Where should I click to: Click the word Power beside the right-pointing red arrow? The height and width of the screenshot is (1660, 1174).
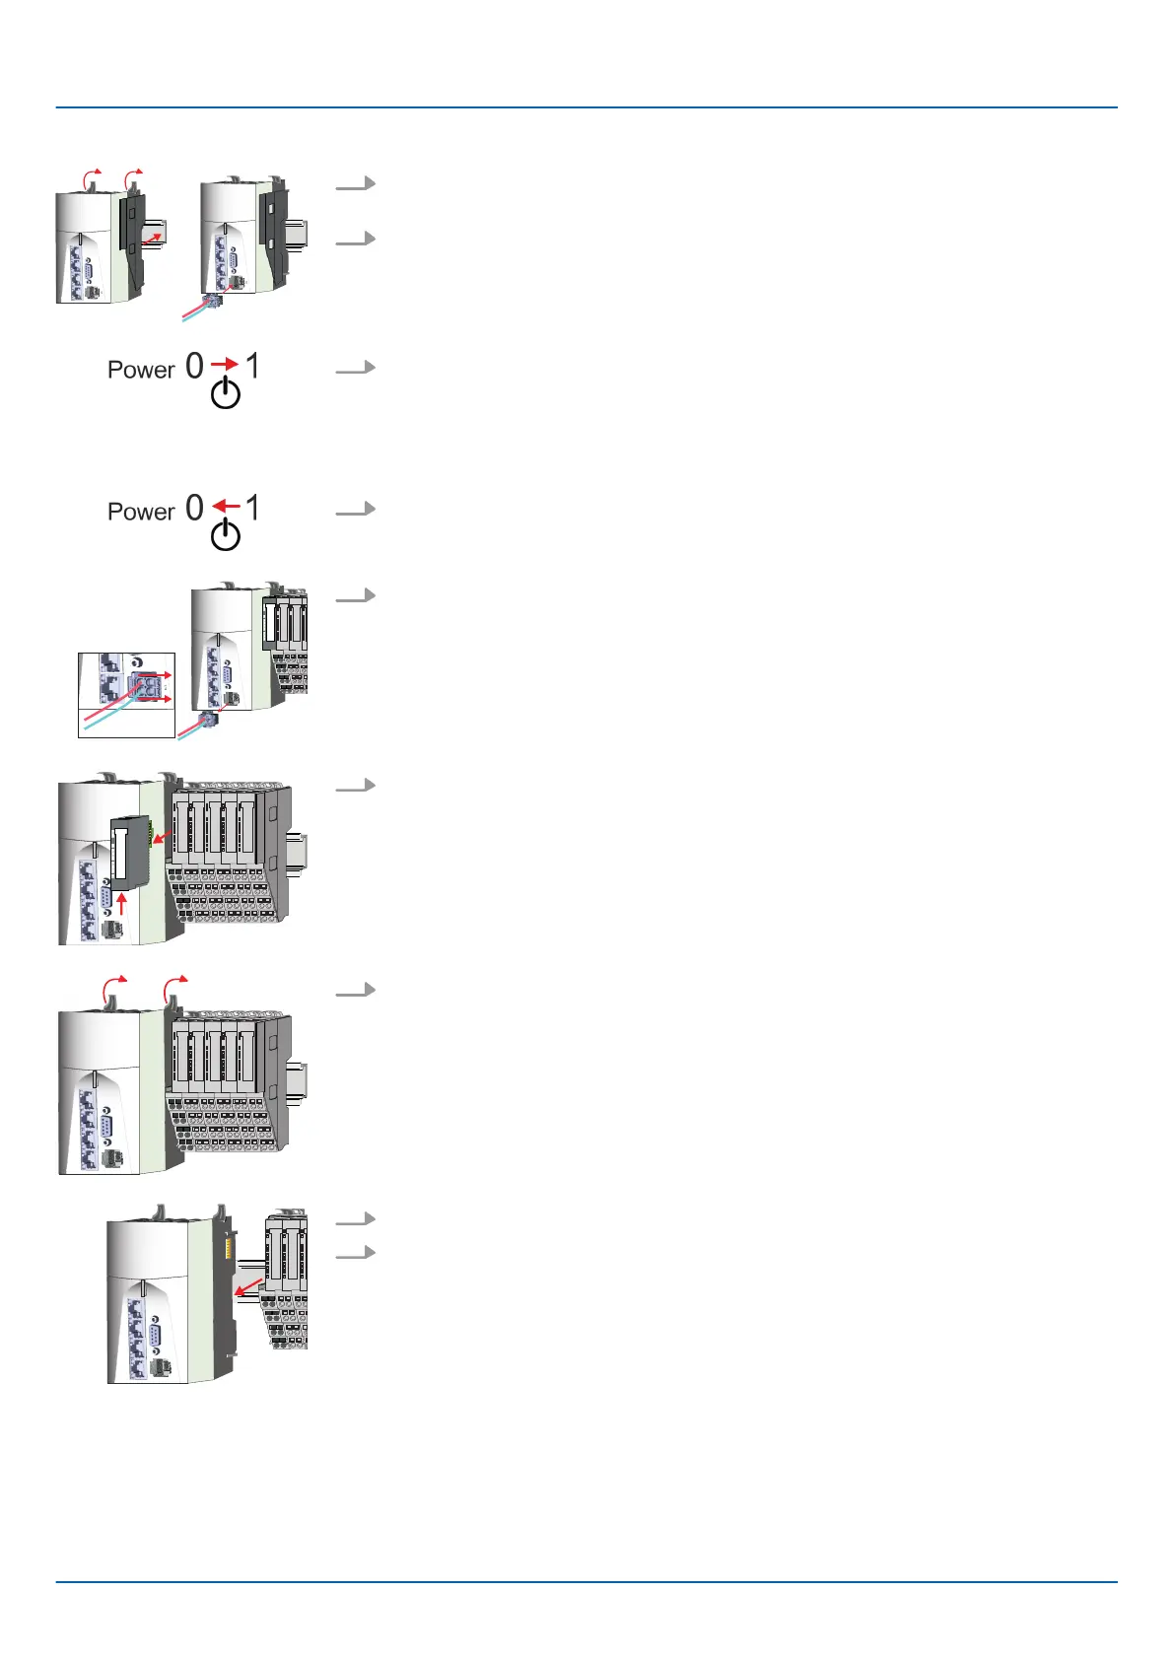(141, 370)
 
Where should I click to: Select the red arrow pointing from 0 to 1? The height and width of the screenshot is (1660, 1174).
(225, 365)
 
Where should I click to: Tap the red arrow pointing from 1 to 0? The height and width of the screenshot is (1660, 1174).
(226, 506)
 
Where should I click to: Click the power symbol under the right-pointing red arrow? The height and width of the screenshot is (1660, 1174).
(226, 393)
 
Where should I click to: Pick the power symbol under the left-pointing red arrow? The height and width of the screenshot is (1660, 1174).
(226, 535)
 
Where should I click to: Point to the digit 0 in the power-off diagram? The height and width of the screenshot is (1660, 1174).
(194, 508)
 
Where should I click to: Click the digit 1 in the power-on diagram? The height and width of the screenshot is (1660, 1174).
(253, 366)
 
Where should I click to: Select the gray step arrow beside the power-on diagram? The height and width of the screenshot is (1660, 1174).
(356, 368)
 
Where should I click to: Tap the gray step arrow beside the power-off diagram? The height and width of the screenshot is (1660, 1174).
(356, 509)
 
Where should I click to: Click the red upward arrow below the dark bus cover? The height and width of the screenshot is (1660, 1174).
(122, 902)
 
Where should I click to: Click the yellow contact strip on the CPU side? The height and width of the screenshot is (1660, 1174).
(228, 1250)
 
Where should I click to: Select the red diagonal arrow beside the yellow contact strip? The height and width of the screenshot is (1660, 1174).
(248, 1286)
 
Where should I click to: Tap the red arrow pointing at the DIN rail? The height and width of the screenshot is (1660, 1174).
(151, 232)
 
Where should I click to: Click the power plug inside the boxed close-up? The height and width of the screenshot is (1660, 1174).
(144, 686)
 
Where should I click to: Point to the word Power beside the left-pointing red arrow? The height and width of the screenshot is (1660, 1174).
(141, 512)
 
